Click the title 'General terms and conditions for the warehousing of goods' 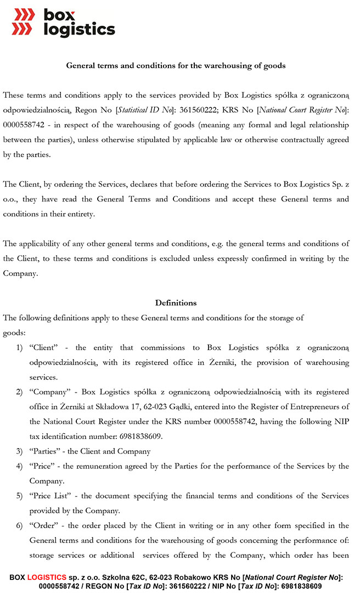coord(176,65)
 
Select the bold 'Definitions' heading coord(176,303)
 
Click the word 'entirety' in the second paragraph coord(80,214)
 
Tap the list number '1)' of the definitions coord(19,348)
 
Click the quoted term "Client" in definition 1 coord(44,348)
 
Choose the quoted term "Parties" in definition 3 coord(46,451)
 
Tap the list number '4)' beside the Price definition coord(19,466)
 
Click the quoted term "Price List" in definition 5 coord(50,496)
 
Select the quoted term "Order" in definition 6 coord(44,525)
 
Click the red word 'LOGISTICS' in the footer coord(46,577)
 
